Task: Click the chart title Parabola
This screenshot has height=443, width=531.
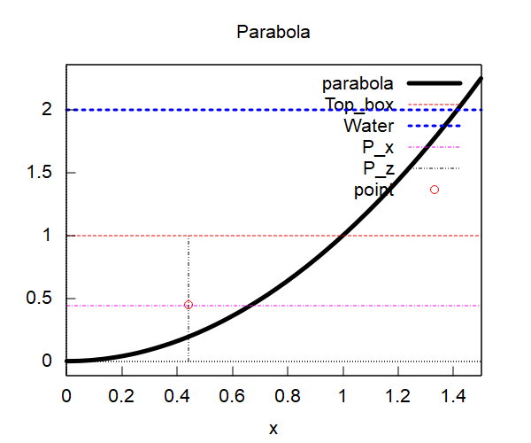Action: [273, 33]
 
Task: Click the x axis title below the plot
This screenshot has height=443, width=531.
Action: [273, 429]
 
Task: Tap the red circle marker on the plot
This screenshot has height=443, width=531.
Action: [189, 305]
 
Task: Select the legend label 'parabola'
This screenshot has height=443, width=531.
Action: [358, 84]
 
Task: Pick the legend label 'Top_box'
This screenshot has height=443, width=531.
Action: [358, 105]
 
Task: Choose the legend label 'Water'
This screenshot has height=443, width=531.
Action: [369, 126]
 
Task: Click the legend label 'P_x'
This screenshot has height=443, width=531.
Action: [378, 147]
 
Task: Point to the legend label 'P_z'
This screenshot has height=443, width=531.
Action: [378, 168]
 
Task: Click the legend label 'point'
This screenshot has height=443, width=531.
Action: [373, 190]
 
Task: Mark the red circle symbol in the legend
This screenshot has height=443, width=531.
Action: [435, 190]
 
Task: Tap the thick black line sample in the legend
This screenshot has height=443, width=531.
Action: [435, 84]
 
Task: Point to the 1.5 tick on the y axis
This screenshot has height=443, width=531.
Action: [39, 173]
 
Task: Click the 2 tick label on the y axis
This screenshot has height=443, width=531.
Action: [47, 109]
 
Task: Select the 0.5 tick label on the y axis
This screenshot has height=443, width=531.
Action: [39, 299]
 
